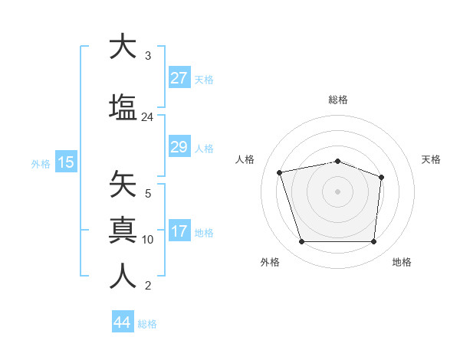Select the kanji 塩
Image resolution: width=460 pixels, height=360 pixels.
tap(123, 106)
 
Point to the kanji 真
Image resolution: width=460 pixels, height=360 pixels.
tap(123, 229)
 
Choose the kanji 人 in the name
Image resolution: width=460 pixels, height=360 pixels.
tap(123, 276)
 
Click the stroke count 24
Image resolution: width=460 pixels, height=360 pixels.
tap(147, 117)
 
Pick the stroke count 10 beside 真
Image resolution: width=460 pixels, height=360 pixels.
tap(148, 240)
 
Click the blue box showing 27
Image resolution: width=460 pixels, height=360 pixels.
tap(179, 78)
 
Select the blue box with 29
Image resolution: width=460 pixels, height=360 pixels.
tap(179, 147)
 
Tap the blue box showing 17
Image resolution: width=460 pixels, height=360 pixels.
tap(179, 232)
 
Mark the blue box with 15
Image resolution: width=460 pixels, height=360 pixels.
tap(65, 162)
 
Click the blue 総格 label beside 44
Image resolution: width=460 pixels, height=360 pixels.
tap(147, 324)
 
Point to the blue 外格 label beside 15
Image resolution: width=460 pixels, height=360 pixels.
tap(40, 163)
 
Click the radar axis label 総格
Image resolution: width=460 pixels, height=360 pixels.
tap(337, 100)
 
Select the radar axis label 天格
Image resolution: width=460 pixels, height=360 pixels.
tap(431, 159)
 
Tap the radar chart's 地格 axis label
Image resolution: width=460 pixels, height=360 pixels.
tap(402, 262)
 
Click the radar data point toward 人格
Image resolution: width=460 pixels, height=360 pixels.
tap(281, 172)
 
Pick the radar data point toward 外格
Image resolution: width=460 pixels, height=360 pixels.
tap(301, 242)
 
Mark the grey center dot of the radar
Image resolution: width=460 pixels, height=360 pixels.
tap(337, 191)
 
